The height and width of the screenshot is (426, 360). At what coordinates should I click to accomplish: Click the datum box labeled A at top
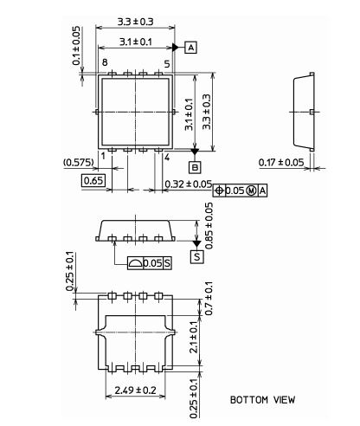click(190, 48)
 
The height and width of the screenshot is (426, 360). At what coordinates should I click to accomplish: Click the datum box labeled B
click(195, 167)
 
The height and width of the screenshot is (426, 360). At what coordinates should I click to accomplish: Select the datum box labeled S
click(197, 256)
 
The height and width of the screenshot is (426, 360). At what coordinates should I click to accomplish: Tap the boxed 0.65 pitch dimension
click(93, 181)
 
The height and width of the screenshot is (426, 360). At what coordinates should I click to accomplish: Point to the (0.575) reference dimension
click(79, 163)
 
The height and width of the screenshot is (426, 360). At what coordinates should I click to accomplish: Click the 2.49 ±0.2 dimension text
click(135, 390)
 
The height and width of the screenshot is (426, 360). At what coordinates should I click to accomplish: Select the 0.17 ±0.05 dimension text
click(281, 163)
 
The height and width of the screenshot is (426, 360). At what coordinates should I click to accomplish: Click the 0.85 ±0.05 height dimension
click(209, 226)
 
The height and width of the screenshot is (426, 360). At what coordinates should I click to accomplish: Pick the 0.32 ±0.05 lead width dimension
click(189, 184)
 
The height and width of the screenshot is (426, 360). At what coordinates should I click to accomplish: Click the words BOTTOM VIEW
click(262, 400)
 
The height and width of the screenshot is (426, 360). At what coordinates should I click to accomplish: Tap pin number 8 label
click(105, 62)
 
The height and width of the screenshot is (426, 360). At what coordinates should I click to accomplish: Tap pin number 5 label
click(167, 64)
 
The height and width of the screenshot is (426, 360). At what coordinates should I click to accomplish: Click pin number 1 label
click(103, 156)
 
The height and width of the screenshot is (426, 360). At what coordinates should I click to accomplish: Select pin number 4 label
click(167, 158)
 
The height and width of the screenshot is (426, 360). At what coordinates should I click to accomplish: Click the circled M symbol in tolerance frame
click(252, 190)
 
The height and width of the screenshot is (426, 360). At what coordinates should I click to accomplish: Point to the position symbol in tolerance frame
click(219, 190)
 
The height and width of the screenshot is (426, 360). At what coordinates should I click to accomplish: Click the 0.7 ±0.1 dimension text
click(209, 299)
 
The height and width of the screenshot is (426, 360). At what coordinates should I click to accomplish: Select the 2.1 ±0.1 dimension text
click(194, 337)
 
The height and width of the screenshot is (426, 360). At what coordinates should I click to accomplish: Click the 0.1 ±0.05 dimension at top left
click(76, 46)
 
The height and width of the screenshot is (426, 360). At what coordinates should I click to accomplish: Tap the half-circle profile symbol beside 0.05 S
click(135, 263)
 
